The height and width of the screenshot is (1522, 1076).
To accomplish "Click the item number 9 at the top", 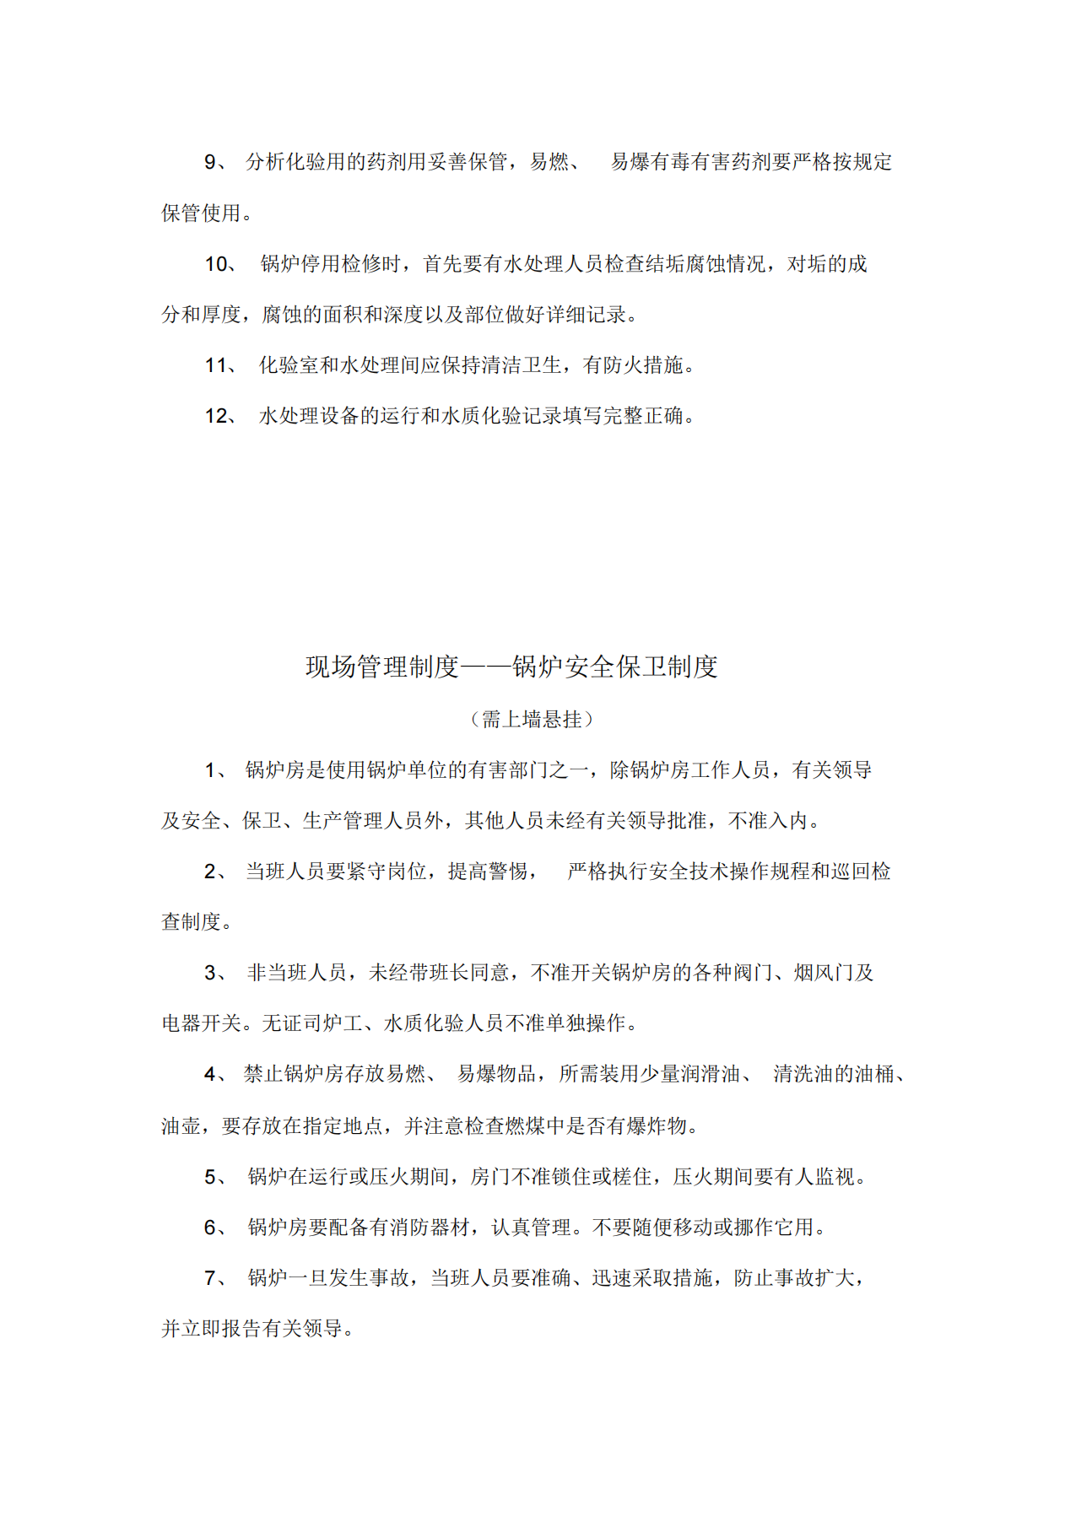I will (211, 162).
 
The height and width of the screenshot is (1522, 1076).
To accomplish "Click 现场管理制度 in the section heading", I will (381, 667).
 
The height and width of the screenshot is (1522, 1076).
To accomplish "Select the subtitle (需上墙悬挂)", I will (532, 720).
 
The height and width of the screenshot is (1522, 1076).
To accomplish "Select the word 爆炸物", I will (658, 1126).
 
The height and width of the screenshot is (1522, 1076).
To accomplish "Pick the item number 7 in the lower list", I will (211, 1278).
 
